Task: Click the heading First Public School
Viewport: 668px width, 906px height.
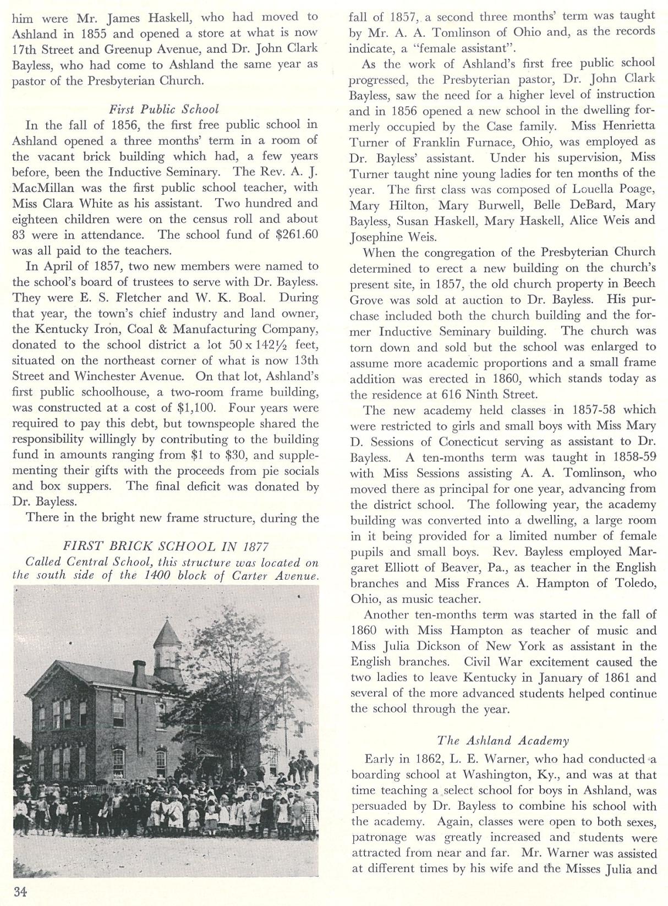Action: [164, 109]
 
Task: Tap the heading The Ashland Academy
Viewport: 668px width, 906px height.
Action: [503, 740]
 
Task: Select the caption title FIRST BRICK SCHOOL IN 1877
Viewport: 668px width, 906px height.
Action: [166, 546]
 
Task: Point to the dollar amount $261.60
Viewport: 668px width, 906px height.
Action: [297, 234]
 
